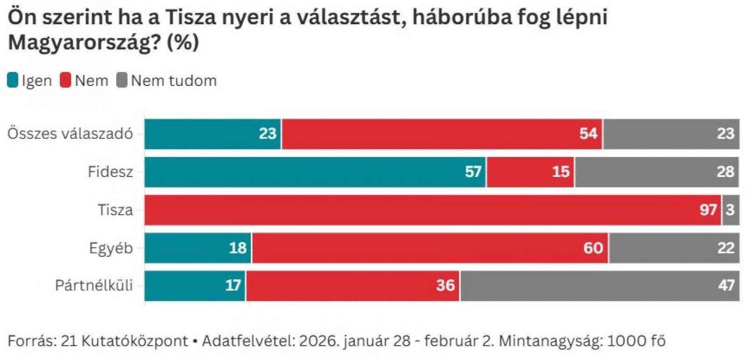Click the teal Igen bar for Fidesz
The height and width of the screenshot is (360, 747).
click(315, 172)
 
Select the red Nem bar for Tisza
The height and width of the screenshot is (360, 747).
click(433, 210)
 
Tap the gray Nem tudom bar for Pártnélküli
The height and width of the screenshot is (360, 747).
click(599, 285)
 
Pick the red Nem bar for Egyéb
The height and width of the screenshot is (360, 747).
click(430, 248)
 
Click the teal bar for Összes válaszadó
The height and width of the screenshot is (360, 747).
click(212, 134)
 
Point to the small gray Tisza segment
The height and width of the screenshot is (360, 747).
click(731, 210)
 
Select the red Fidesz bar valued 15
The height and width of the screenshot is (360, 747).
click(530, 172)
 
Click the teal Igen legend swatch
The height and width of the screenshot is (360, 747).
click(13, 81)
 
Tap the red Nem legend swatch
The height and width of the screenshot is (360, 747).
click(65, 81)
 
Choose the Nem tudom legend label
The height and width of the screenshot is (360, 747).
click(174, 81)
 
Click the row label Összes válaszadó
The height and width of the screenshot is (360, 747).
click(70, 134)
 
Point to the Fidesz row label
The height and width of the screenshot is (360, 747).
click(110, 172)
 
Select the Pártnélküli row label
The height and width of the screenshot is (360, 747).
click(94, 285)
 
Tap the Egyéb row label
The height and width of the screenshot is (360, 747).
click(111, 248)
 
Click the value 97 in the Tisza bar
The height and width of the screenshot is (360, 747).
click(708, 210)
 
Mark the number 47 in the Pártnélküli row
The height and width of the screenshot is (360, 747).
click(726, 285)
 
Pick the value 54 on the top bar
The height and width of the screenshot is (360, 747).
click(588, 134)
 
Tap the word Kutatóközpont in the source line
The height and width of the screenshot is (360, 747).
click(134, 341)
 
